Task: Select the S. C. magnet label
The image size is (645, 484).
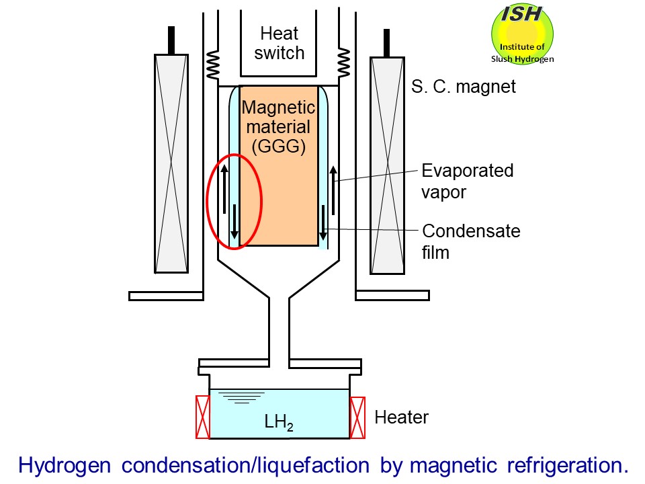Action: [x=464, y=87]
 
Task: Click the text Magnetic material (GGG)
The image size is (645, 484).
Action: [x=278, y=126]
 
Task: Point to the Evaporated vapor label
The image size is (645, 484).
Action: [x=467, y=181]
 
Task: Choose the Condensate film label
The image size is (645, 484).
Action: [x=471, y=242]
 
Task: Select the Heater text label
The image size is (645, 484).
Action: [x=401, y=417]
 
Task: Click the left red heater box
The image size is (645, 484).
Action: [x=202, y=417]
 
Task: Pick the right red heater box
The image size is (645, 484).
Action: [x=357, y=417]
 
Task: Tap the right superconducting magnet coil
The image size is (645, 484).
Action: [x=387, y=165]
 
